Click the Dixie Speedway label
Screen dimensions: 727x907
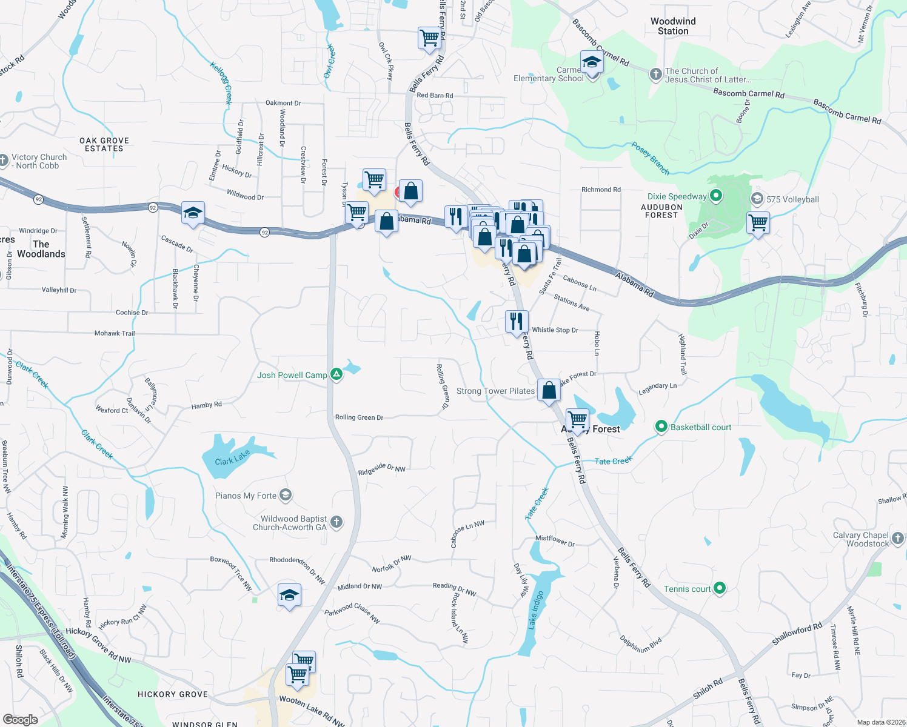(677, 196)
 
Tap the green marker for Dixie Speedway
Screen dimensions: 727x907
(716, 196)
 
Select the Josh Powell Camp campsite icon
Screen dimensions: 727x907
(336, 375)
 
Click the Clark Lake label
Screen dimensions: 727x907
(232, 457)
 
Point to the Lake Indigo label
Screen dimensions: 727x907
(536, 609)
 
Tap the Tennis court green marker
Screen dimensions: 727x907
(720, 588)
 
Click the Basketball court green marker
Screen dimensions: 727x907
(661, 427)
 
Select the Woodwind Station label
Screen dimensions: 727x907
(673, 26)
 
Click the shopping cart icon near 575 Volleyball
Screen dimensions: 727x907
(758, 223)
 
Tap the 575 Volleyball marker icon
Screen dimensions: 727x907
(757, 199)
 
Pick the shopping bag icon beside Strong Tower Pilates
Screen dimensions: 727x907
(549, 390)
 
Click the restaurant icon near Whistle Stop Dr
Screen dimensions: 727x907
(517, 321)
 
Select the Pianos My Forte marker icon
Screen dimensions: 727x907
(286, 496)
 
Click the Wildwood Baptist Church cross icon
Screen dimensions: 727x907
(336, 522)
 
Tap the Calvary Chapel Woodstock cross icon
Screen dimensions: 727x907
(898, 538)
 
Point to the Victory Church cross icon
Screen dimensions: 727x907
(3, 161)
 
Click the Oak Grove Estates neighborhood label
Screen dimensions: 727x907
(104, 144)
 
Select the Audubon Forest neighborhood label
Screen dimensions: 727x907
(661, 211)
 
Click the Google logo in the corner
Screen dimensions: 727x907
(20, 719)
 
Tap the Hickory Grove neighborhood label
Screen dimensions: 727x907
(173, 694)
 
